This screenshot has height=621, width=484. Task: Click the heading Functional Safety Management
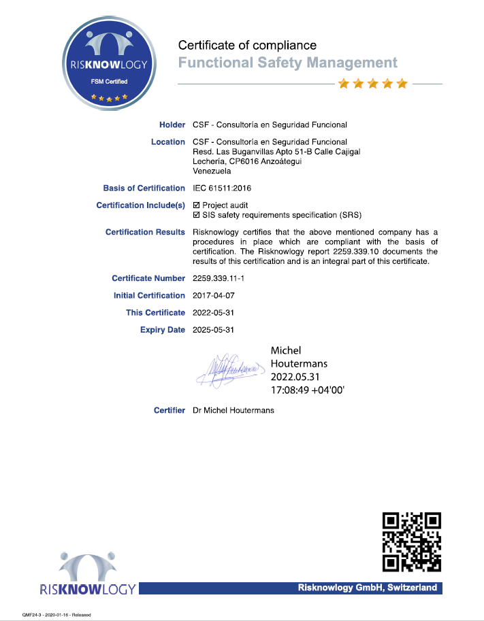(x=287, y=63)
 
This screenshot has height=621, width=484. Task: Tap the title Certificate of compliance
(x=247, y=46)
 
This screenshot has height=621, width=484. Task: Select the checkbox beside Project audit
(x=197, y=205)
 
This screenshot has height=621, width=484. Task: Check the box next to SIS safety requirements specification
(x=197, y=215)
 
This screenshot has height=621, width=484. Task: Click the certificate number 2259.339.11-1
(x=223, y=278)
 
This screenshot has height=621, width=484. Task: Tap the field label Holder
(x=172, y=124)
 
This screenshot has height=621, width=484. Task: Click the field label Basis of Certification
(x=144, y=188)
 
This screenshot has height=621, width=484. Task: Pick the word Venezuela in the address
(x=212, y=171)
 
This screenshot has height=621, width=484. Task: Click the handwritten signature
(x=230, y=369)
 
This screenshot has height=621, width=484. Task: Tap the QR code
(x=411, y=541)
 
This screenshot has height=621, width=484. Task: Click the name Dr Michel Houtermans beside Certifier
(x=234, y=410)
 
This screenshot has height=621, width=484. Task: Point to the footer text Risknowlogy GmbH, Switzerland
(x=367, y=588)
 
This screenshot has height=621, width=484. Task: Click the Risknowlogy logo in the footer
(x=88, y=575)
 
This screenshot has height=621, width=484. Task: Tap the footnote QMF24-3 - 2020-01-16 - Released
(x=57, y=615)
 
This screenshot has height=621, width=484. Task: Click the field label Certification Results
(x=145, y=232)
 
